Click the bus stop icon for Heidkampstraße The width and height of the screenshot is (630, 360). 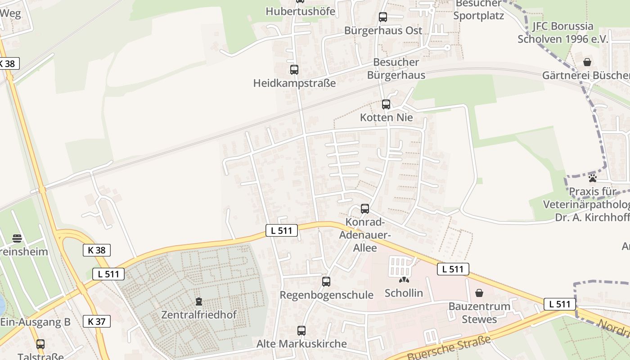[294, 70]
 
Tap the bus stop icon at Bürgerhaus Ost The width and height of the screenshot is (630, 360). [383, 17]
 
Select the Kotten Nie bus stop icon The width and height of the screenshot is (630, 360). [386, 104]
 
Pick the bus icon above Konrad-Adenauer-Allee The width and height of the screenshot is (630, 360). [365, 209]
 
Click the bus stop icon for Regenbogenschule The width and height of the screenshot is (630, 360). [326, 282]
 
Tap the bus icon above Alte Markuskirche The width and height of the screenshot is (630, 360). [301, 331]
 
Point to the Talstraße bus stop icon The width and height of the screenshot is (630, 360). [40, 344]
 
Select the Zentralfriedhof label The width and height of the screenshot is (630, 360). [199, 315]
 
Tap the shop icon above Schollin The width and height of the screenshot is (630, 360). [404, 280]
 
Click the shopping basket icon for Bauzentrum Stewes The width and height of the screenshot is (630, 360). [479, 293]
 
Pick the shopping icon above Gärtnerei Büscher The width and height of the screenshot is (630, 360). [587, 62]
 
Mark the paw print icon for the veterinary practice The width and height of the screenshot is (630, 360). [592, 178]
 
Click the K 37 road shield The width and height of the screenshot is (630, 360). [97, 321]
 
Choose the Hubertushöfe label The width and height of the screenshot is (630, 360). [301, 11]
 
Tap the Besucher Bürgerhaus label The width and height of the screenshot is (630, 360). [396, 68]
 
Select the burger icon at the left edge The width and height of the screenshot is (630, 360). [17, 238]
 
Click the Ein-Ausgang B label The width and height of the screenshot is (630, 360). [36, 322]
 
